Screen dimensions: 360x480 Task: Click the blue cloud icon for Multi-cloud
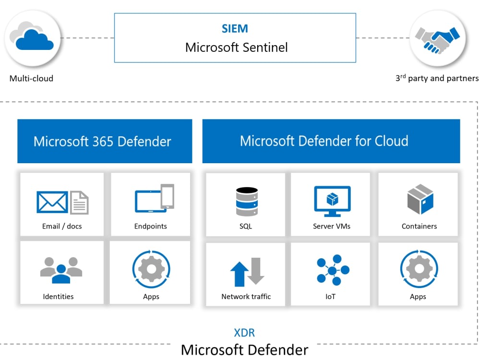coord(33,39)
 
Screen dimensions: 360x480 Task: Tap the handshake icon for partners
coord(437,39)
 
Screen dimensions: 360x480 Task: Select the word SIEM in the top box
coord(235,29)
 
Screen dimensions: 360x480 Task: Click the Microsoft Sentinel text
coord(236,47)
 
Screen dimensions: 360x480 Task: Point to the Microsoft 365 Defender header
coord(102,142)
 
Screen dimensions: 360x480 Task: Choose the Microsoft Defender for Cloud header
coord(324,141)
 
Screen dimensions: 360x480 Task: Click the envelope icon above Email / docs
coord(52,202)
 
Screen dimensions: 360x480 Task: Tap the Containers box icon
coord(420,199)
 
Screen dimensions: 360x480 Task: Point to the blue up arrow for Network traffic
coord(239,273)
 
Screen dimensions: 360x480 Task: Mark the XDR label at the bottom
coord(244,333)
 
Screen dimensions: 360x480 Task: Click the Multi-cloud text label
coord(31,78)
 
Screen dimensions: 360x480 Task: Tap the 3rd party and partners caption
coord(437,78)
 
